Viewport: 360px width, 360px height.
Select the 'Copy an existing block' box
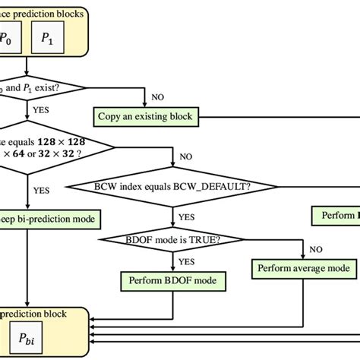pyautogui.click(x=144, y=117)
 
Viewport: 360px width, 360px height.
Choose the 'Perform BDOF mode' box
pyautogui.click(x=173, y=281)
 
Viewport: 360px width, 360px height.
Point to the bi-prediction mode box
pyautogui.click(x=50, y=219)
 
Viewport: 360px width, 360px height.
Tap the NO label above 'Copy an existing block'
pyautogui.click(x=158, y=97)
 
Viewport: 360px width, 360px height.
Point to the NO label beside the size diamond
pyautogui.click(x=185, y=157)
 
